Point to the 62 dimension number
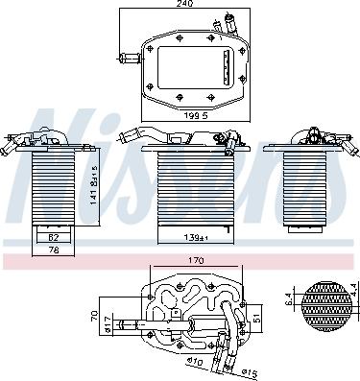point(54,235)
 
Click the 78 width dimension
point(54,251)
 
